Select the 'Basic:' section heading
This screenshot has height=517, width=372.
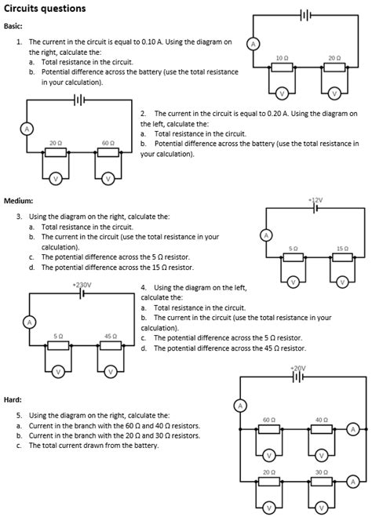point(13,26)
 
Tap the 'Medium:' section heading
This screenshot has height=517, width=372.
point(18,201)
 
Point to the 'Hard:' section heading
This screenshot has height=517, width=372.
point(13,400)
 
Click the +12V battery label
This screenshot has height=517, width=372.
point(316,201)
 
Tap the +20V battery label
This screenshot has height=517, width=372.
point(297,368)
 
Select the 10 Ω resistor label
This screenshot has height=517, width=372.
point(283,59)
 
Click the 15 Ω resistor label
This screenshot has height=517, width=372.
point(341,248)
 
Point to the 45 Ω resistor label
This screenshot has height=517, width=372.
point(110,336)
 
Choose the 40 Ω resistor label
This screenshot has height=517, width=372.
point(321,421)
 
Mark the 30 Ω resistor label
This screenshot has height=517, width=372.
point(321,472)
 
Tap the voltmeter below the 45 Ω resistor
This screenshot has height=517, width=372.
point(111,370)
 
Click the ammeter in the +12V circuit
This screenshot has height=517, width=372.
point(266,235)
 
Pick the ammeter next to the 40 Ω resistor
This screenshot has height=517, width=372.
point(353,429)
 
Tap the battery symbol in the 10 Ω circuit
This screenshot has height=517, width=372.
point(307,15)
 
